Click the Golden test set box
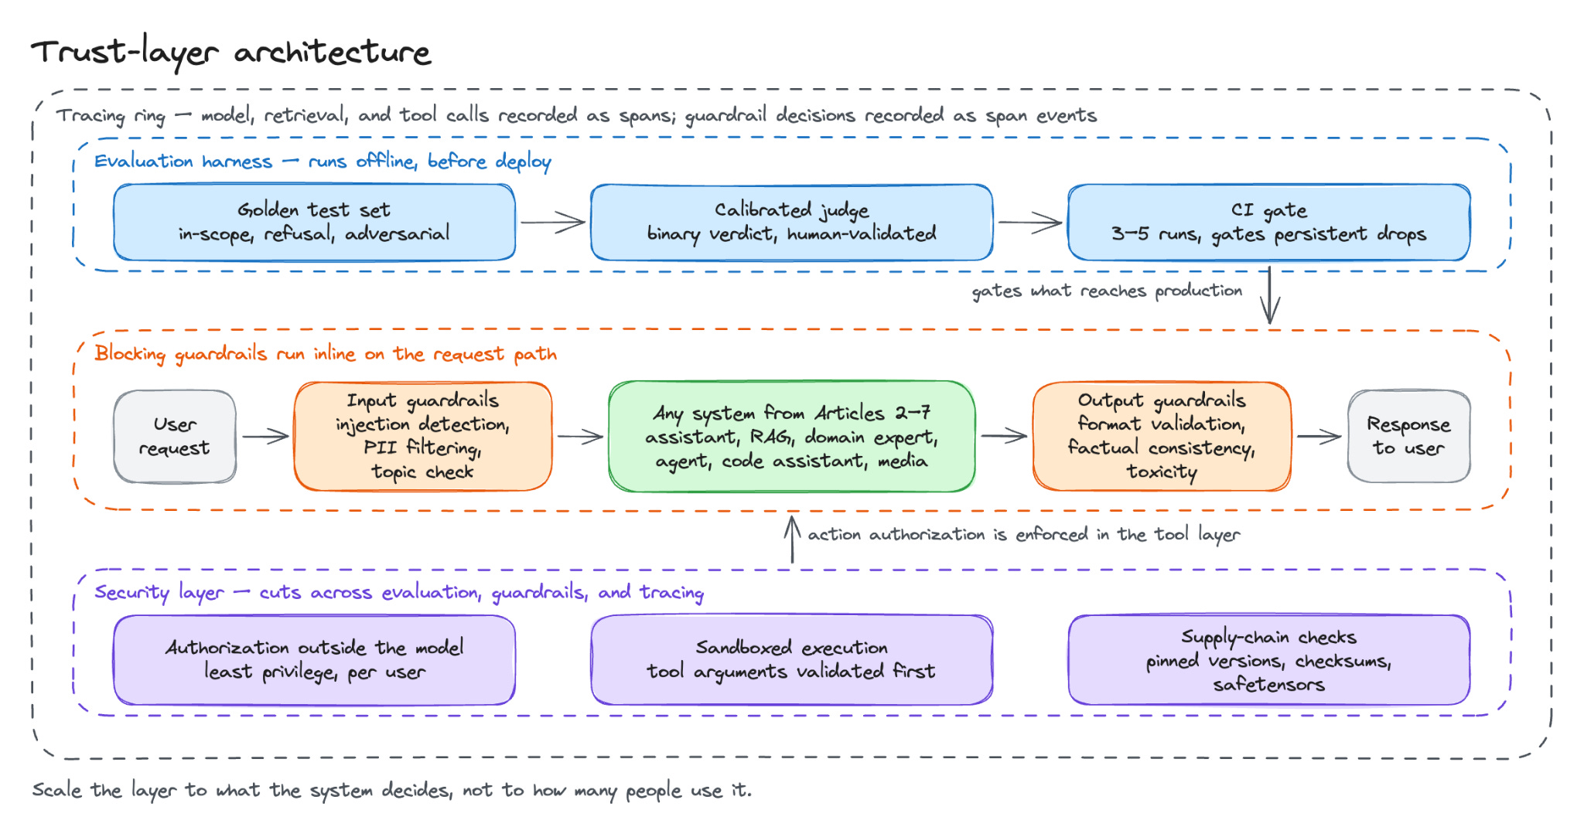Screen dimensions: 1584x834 (x=314, y=222)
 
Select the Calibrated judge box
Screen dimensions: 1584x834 (x=791, y=222)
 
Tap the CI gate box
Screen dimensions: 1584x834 (x=1268, y=222)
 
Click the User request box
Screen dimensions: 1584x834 (x=175, y=436)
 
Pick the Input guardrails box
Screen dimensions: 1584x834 (x=422, y=436)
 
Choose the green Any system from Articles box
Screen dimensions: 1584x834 (x=791, y=436)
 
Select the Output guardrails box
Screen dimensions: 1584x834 (x=1162, y=436)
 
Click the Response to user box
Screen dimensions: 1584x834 (x=1408, y=436)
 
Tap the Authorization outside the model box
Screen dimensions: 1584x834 (x=314, y=659)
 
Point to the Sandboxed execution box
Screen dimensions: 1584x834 (x=791, y=659)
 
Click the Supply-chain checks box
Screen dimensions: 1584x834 (x=1268, y=659)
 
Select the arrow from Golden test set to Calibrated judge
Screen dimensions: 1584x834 (x=552, y=223)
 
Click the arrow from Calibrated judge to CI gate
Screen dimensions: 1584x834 (x=1030, y=223)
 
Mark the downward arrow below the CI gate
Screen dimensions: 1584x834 (x=1269, y=295)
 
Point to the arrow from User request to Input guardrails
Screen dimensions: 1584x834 (x=265, y=437)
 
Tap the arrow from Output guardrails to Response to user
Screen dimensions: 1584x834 (x=1319, y=437)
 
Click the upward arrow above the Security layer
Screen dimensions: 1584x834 (x=792, y=540)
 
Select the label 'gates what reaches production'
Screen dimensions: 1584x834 (x=1107, y=291)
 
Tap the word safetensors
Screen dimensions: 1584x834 (x=1268, y=684)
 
